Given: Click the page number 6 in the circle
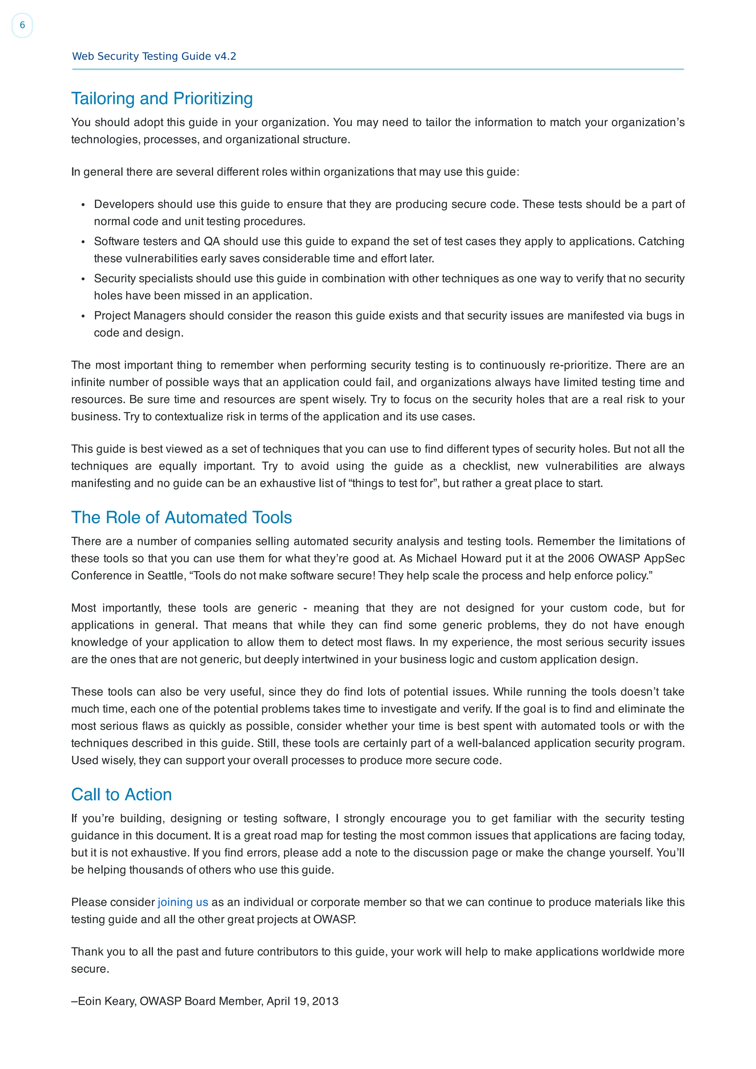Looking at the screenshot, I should click(x=22, y=25).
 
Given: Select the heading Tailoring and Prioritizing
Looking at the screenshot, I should click(x=162, y=99).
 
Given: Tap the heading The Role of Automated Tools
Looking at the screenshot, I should click(x=181, y=517).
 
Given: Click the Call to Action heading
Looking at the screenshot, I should click(x=121, y=794).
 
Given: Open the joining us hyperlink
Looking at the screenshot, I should click(x=183, y=902).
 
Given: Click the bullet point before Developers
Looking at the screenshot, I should click(x=83, y=205).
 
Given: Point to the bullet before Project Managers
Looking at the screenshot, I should click(x=83, y=316).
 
